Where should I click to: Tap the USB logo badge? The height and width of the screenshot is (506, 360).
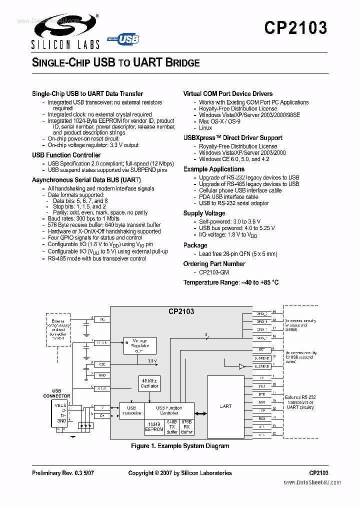[123, 39]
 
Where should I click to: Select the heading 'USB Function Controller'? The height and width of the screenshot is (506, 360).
[66, 155]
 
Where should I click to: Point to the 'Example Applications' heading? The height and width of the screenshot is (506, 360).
[213, 169]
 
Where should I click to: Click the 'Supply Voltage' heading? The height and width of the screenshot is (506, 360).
[204, 213]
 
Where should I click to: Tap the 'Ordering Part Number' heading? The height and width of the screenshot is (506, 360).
[214, 264]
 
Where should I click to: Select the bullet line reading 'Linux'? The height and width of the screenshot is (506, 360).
[205, 128]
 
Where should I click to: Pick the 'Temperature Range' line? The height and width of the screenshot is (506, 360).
[230, 282]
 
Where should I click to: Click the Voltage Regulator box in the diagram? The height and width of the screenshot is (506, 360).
[139, 345]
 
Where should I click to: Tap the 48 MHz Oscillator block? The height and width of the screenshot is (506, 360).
[148, 383]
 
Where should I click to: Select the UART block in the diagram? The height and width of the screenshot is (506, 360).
[226, 406]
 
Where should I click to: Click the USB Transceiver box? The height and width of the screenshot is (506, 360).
[131, 410]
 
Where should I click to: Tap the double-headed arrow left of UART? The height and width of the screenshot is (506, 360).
[200, 413]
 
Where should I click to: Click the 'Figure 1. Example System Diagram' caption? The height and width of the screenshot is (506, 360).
[180, 446]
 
